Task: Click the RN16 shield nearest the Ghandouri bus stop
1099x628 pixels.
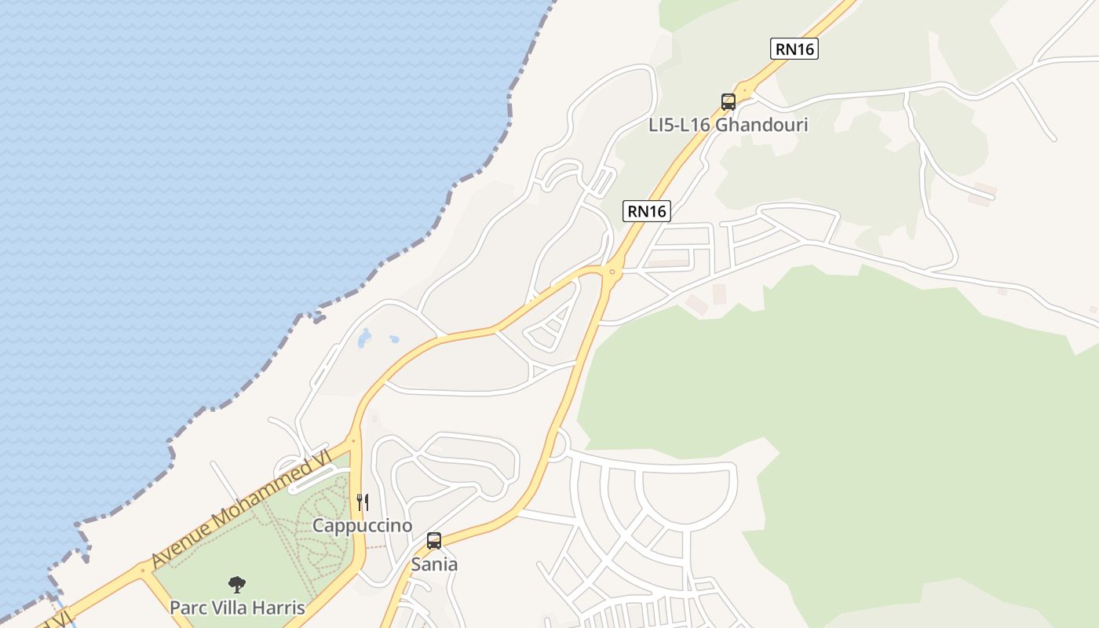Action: (x=794, y=49)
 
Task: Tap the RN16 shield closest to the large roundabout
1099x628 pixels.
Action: (x=648, y=210)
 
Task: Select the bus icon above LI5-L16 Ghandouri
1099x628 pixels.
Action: (x=728, y=101)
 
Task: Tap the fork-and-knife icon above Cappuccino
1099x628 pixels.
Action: (x=363, y=502)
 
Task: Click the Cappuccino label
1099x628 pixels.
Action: (x=362, y=525)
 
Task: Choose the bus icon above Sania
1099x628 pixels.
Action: (x=434, y=540)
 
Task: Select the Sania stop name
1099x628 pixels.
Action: (x=434, y=564)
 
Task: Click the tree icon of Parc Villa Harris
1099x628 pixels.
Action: (x=236, y=584)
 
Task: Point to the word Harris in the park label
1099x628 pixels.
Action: (x=279, y=608)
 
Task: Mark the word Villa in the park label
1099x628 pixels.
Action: (x=229, y=608)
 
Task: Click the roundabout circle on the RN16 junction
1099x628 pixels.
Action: (x=612, y=272)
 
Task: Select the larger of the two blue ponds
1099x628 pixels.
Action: (x=364, y=339)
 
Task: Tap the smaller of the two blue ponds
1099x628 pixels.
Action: (x=394, y=340)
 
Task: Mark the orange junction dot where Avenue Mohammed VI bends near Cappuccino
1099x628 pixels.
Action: (x=353, y=441)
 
